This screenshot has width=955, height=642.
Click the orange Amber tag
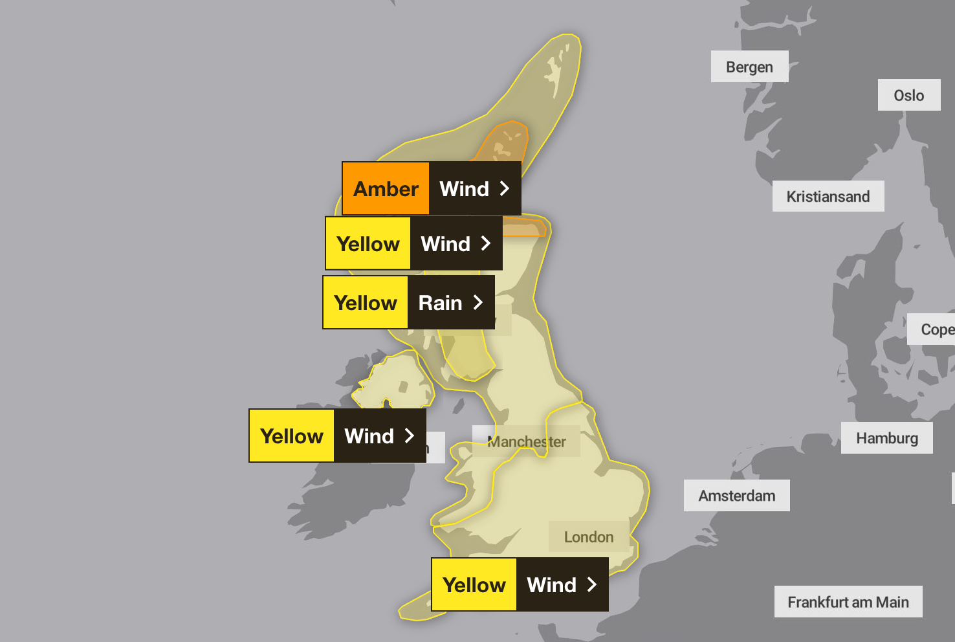pyautogui.click(x=386, y=189)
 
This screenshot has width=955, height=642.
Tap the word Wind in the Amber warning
pyautogui.click(x=464, y=189)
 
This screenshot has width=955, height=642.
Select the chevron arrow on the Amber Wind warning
pyautogui.click(x=505, y=188)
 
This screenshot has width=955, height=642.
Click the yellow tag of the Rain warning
pyautogui.click(x=366, y=303)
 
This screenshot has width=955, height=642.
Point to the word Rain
pyautogui.click(x=440, y=303)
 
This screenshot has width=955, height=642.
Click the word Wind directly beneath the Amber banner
pyautogui.click(x=445, y=244)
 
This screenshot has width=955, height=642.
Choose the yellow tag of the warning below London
pyautogui.click(x=474, y=585)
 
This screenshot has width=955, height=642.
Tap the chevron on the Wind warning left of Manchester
pyautogui.click(x=410, y=436)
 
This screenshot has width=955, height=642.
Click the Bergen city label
pyautogui.click(x=749, y=67)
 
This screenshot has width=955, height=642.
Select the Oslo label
pyautogui.click(x=908, y=95)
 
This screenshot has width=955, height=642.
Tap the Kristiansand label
pyautogui.click(x=828, y=196)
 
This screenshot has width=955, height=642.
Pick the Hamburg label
pyautogui.click(x=886, y=438)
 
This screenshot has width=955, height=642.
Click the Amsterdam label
pyautogui.click(x=736, y=496)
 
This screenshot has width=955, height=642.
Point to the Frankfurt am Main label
pyautogui.click(x=848, y=602)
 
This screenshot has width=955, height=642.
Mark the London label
pyautogui.click(x=588, y=537)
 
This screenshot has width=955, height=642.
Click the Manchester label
pyautogui.click(x=527, y=442)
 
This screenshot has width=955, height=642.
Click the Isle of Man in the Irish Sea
pyautogui.click(x=459, y=406)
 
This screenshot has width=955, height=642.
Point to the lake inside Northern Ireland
pyautogui.click(x=403, y=387)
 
